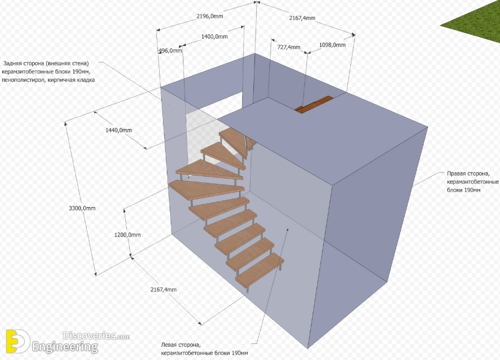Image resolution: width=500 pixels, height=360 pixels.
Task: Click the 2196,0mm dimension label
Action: click(210, 17)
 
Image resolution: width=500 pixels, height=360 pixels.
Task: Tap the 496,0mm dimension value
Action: click(170, 50)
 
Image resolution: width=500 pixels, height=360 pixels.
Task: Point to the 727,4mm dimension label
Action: click(288, 47)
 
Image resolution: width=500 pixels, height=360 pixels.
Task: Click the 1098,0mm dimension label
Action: click(333, 45)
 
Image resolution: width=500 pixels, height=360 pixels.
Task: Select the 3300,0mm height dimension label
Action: click(82, 208)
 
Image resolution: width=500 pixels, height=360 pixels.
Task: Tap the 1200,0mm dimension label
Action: click(127, 234)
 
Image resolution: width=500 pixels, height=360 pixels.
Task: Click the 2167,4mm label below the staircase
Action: click(164, 290)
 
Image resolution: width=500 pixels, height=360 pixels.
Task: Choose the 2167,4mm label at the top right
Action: click(302, 18)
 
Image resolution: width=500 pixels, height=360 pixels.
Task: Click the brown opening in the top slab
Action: click(314, 105)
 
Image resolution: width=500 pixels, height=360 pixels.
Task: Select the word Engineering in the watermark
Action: click(65, 348)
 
